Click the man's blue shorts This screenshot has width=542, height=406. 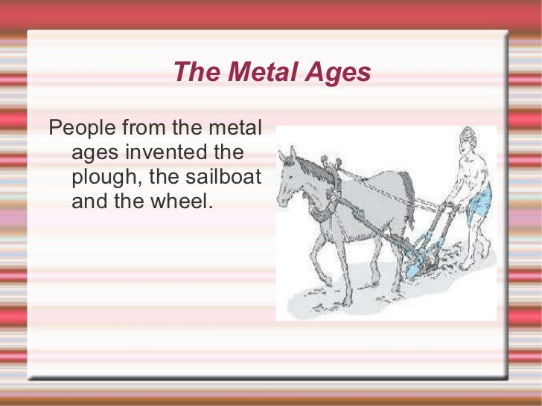479,199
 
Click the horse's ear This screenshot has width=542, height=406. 293,153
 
